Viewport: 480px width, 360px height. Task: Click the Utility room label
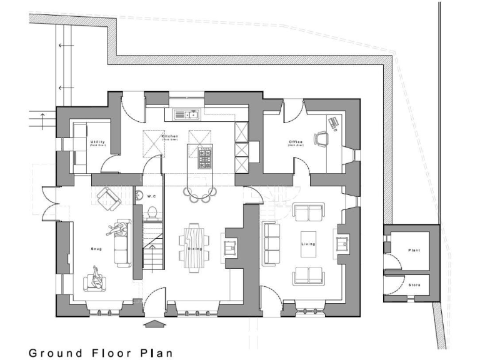pyautogui.click(x=98, y=142)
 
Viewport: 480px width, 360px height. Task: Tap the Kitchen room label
pyautogui.click(x=170, y=136)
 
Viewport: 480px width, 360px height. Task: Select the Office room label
pyautogui.click(x=296, y=142)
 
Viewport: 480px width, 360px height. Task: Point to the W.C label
pyautogui.click(x=151, y=196)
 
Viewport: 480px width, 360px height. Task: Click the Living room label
pyautogui.click(x=308, y=244)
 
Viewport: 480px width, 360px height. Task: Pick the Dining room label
pyautogui.click(x=194, y=248)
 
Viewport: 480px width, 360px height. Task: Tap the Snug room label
pyautogui.click(x=96, y=249)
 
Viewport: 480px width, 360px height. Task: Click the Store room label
pyautogui.click(x=414, y=285)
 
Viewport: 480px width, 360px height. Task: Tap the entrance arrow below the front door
pyautogui.click(x=153, y=324)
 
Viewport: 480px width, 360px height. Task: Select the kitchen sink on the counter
pyautogui.click(x=186, y=114)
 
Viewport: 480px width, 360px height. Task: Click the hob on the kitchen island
pyautogui.click(x=206, y=158)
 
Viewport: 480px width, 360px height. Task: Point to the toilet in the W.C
pyautogui.click(x=150, y=213)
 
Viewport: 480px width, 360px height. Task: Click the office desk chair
pyautogui.click(x=321, y=138)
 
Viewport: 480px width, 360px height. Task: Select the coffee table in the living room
pyautogui.click(x=308, y=244)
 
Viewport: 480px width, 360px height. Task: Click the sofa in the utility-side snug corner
pyautogui.click(x=107, y=198)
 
